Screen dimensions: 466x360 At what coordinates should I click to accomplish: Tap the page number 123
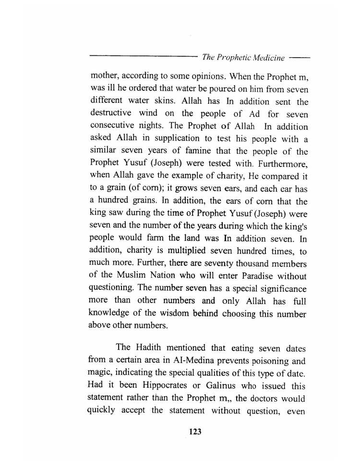pos(195,431)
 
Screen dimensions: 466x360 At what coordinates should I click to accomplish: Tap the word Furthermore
pos(282,165)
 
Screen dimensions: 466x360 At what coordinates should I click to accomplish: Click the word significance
pos(278,289)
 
